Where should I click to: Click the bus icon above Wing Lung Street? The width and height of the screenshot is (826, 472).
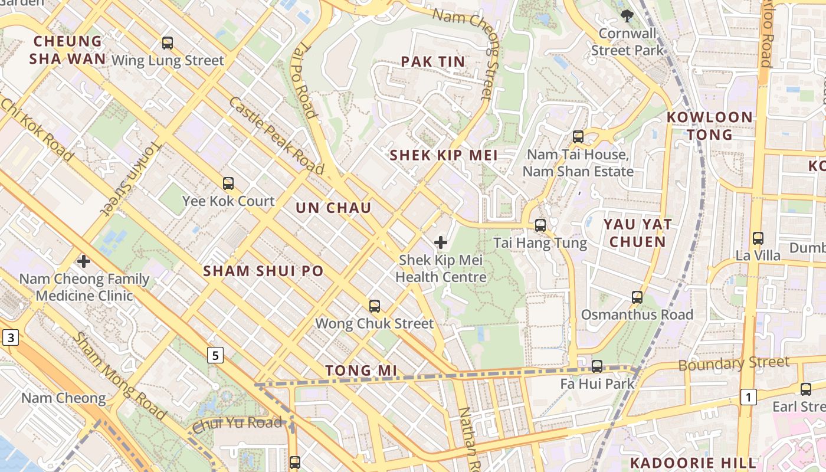168,43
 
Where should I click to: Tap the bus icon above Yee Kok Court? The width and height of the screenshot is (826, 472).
228,183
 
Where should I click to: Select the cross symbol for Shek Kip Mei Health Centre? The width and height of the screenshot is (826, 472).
441,242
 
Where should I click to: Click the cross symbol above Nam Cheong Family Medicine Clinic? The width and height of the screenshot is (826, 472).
84,261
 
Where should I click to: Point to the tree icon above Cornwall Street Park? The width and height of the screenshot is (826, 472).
627,16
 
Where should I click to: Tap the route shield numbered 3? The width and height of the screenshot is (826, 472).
11,338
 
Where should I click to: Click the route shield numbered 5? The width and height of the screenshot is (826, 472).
215,355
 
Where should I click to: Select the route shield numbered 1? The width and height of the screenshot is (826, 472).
748,397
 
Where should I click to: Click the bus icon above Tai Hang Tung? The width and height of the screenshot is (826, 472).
540,225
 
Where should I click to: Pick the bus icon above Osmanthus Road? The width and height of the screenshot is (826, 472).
637,297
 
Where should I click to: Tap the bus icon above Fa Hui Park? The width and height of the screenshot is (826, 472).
597,366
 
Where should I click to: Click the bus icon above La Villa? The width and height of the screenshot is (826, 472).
758,238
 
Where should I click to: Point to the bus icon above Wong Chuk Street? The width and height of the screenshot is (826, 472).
375,306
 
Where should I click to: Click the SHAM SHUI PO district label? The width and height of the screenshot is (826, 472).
263,271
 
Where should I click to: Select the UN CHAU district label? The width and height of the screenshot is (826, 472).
333,208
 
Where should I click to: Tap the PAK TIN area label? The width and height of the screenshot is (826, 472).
433,61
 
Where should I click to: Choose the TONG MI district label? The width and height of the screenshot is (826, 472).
361,371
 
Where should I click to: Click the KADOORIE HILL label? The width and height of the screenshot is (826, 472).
693,463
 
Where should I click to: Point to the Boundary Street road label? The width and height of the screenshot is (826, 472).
733,363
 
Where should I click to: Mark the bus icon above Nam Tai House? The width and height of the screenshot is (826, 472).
578,137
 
